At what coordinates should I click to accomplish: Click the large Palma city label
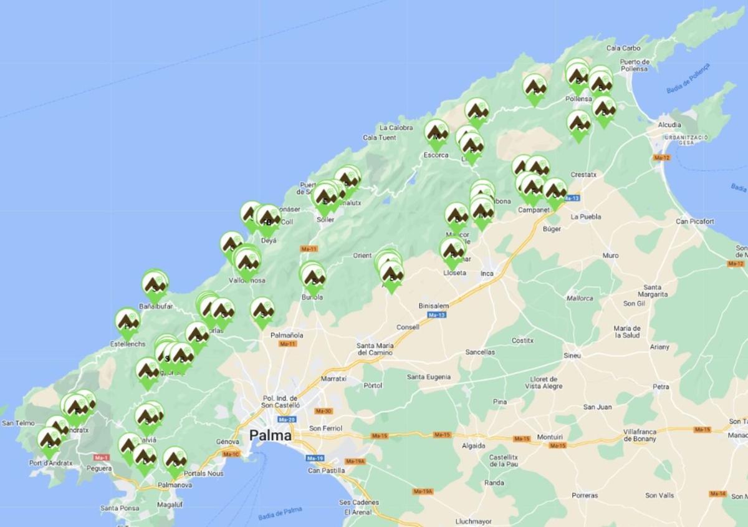click(271, 435)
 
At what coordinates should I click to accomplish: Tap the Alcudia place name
click(669, 125)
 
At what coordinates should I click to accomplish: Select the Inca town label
click(487, 273)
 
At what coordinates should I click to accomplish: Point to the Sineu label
click(572, 355)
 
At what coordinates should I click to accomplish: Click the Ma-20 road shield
click(287, 419)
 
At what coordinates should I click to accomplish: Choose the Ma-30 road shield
click(324, 411)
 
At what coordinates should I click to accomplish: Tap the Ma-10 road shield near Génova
click(231, 453)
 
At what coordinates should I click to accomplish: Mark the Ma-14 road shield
click(718, 494)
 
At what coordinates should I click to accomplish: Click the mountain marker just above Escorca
click(436, 133)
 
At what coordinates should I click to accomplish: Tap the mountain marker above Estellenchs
click(127, 322)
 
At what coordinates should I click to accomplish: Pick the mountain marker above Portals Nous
click(175, 460)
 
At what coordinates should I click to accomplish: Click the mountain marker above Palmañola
click(262, 311)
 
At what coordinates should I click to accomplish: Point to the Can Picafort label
click(695, 221)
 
